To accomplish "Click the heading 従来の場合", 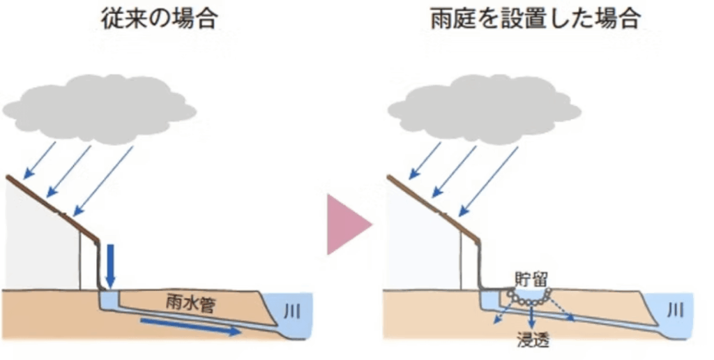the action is [x=160, y=19].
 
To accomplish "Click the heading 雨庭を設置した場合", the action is [x=535, y=19].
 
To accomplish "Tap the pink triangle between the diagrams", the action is [x=349, y=224].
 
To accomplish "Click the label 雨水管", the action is [x=190, y=303].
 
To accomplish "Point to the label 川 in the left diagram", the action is [x=292, y=312].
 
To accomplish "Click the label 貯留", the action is [x=531, y=278].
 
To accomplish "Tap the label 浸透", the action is [x=533, y=340].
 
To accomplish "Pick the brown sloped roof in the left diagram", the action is [x=53, y=209].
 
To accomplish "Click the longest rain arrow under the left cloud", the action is [x=103, y=181].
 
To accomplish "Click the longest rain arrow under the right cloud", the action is [x=489, y=181].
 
